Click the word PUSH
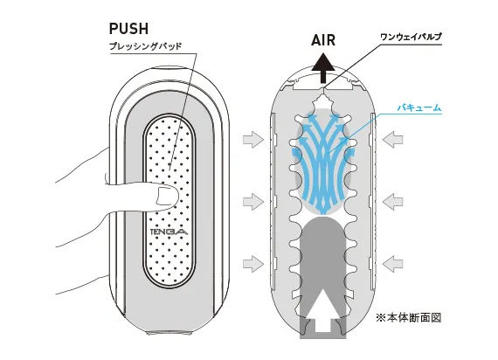128,29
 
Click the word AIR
323,40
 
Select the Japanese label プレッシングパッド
145,46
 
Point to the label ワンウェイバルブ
411,38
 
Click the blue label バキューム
419,107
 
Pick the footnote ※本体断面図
408,317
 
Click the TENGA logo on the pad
169,232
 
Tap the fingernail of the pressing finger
165,196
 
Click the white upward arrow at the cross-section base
323,311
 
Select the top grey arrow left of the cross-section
253,140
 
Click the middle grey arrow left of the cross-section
253,202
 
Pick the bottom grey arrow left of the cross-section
253,263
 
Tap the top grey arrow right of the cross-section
393,140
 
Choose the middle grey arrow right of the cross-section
393,202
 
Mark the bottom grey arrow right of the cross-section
393,263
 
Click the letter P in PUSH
114,29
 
